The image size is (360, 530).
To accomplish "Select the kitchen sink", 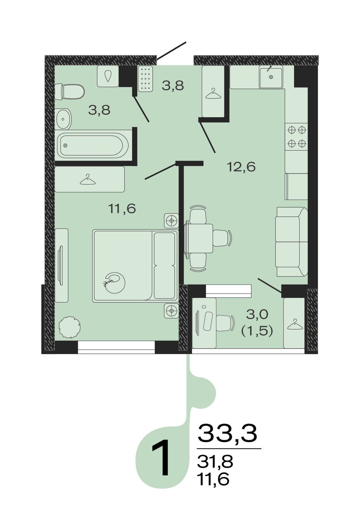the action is [x=271, y=77].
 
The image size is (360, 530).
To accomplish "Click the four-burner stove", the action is [x=297, y=136].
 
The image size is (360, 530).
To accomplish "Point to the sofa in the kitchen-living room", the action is [x=291, y=242].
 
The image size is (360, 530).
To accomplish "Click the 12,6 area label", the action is [x=241, y=167].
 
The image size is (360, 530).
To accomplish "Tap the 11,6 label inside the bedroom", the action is [x=122, y=208].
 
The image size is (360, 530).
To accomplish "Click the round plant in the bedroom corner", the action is [x=70, y=328].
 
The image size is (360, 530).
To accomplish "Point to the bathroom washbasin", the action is [x=64, y=119].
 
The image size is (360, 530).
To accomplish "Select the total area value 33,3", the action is [x=227, y=434].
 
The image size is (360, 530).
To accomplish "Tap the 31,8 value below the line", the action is [x=215, y=461].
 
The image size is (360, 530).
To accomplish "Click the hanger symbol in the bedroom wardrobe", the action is [x=88, y=179].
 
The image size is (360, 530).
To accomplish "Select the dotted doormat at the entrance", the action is [x=145, y=78].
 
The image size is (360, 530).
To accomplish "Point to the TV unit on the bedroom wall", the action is [x=61, y=265].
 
